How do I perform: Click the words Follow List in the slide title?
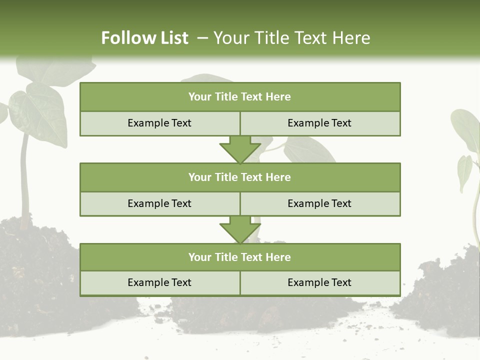pyautogui.click(x=144, y=38)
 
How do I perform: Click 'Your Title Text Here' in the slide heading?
pyautogui.click(x=291, y=38)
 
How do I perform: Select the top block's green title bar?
pyautogui.click(x=240, y=97)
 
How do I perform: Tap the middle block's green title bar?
pyautogui.click(x=240, y=177)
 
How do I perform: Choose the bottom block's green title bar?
pyautogui.click(x=240, y=257)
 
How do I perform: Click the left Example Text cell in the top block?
pyautogui.click(x=159, y=123)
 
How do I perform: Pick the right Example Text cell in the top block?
pyautogui.click(x=320, y=123)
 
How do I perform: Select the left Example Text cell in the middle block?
pyautogui.click(x=159, y=203)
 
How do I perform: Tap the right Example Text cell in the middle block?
pyautogui.click(x=320, y=203)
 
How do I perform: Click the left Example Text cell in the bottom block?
pyautogui.click(x=159, y=283)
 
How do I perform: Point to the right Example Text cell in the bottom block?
pyautogui.click(x=320, y=283)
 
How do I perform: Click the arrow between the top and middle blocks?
pyautogui.click(x=240, y=150)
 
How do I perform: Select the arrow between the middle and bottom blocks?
pyautogui.click(x=240, y=230)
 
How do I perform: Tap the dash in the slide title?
pyautogui.click(x=202, y=38)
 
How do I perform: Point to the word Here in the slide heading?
pyautogui.click(x=353, y=38)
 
